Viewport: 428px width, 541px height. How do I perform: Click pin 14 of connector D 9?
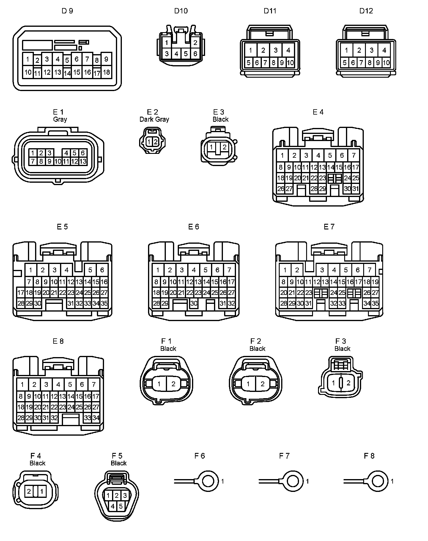[x=67, y=73]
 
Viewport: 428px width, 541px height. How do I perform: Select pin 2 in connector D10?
[x=195, y=43]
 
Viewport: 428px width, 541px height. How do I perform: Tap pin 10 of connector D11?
[x=290, y=63]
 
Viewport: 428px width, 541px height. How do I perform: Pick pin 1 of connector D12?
[x=347, y=50]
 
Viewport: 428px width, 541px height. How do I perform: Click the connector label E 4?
[x=318, y=112]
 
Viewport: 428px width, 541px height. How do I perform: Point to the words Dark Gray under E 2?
[x=154, y=119]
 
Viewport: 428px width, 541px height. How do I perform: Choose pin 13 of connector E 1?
[x=83, y=161]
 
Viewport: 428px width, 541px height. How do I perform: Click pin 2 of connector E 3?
[x=225, y=147]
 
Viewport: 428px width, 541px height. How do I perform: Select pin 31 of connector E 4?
[x=355, y=189]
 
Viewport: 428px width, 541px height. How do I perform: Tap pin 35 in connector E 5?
[x=104, y=304]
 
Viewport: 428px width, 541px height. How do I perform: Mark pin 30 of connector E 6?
[x=194, y=304]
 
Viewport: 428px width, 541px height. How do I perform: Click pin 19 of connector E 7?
[x=375, y=282]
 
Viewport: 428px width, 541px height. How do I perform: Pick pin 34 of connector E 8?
[x=96, y=418]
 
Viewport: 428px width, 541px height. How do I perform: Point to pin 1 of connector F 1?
[x=159, y=384]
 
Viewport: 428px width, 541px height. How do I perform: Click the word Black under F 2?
[x=257, y=348]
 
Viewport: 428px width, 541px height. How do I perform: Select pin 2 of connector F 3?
[x=348, y=383]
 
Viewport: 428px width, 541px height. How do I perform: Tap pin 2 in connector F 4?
[x=29, y=491]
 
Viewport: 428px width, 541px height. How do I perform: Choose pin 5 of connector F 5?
[x=121, y=506]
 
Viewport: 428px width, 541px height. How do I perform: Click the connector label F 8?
[x=369, y=456]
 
